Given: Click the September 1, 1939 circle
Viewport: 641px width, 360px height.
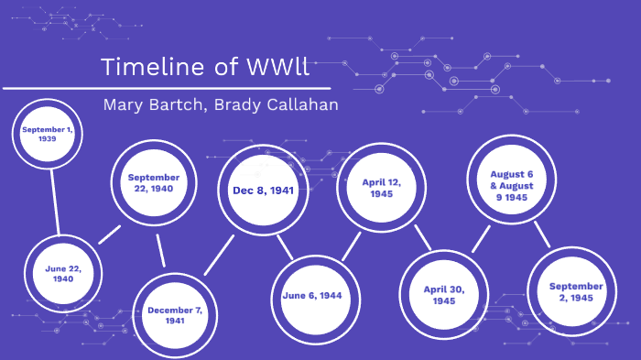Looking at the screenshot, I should pyautogui.click(x=49, y=136).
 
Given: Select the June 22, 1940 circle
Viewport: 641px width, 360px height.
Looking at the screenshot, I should pyautogui.click(x=63, y=273).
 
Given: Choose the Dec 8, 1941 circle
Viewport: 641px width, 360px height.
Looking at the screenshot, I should pyautogui.click(x=263, y=190).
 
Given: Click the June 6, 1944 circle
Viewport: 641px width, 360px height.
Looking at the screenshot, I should pyautogui.click(x=312, y=296).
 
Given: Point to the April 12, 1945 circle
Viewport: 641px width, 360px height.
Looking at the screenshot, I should pyautogui.click(x=382, y=188).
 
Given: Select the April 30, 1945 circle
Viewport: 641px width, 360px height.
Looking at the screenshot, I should pyautogui.click(x=444, y=294).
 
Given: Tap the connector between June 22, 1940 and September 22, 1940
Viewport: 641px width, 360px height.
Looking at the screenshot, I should pyautogui.click(x=109, y=233).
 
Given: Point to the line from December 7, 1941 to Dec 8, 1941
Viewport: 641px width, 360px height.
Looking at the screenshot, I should pyautogui.click(x=220, y=255).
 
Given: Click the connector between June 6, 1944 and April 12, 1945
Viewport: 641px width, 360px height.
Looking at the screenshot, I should pyautogui.click(x=352, y=245).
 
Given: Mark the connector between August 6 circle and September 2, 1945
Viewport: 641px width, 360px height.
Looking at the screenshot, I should pyautogui.click(x=541, y=235).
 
